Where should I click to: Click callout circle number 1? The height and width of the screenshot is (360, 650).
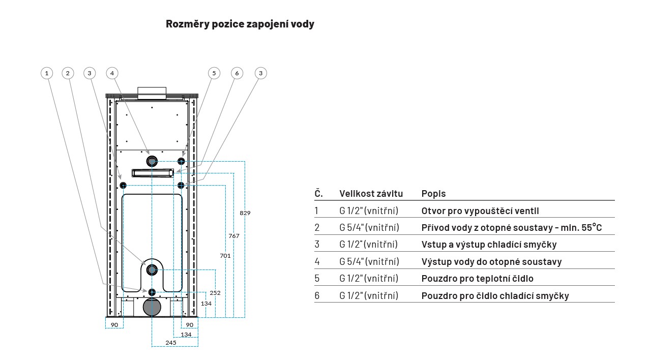(47, 73)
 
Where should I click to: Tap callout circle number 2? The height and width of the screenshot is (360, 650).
(68, 73)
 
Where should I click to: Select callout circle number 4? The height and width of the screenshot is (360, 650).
(112, 73)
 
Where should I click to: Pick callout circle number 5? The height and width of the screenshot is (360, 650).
(214, 73)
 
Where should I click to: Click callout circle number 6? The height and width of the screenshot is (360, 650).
(237, 73)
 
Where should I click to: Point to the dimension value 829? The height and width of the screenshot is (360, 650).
(245, 213)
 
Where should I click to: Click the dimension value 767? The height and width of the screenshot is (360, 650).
(234, 236)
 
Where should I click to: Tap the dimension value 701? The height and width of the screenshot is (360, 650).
(225, 256)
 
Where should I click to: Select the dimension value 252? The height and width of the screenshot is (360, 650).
(215, 293)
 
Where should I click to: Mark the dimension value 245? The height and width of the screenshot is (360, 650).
(171, 343)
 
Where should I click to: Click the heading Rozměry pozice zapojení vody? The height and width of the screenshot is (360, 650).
(240, 24)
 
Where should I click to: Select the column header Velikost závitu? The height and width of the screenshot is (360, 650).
(371, 194)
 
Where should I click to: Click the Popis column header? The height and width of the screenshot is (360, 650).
(433, 194)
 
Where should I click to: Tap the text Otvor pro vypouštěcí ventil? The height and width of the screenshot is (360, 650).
(480, 211)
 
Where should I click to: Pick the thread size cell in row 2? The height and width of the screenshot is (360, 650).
(369, 227)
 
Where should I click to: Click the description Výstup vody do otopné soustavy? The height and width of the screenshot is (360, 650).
(491, 262)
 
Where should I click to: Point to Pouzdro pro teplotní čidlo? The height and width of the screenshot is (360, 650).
(478, 279)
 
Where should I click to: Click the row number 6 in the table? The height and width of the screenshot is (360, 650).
(317, 295)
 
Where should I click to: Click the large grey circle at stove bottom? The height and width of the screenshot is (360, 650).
(152, 307)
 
